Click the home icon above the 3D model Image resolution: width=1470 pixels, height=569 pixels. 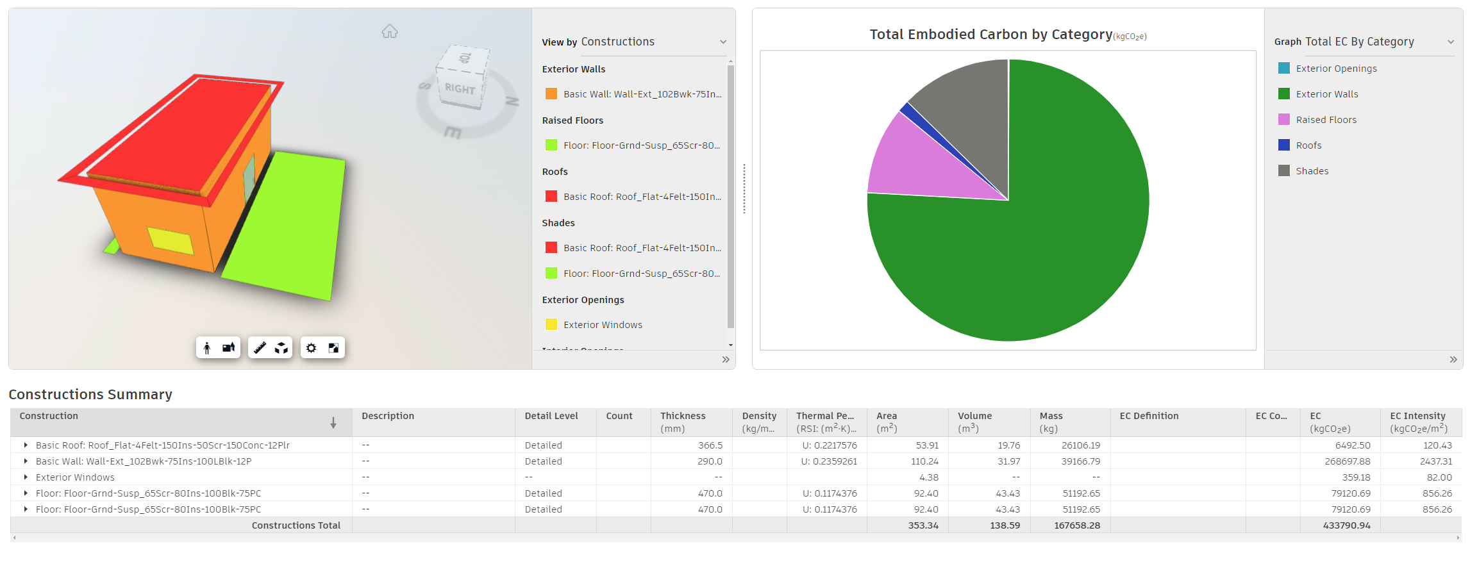(x=390, y=31)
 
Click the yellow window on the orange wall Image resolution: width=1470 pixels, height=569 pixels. (x=171, y=241)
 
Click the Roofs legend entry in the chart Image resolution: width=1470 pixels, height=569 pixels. (x=1308, y=145)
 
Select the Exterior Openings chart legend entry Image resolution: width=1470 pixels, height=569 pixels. (x=1336, y=69)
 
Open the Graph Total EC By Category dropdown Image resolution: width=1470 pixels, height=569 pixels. (x=1450, y=42)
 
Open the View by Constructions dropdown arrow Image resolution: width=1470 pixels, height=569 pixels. (x=723, y=42)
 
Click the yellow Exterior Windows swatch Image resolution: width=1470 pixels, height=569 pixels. (x=551, y=325)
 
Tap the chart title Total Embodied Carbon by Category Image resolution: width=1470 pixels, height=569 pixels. (x=990, y=35)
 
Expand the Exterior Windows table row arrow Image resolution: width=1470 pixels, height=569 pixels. (x=26, y=477)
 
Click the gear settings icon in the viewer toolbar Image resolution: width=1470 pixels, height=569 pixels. (x=311, y=348)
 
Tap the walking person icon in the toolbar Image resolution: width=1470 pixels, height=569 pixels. (x=206, y=348)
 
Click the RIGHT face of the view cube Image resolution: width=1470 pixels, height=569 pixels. (x=460, y=89)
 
